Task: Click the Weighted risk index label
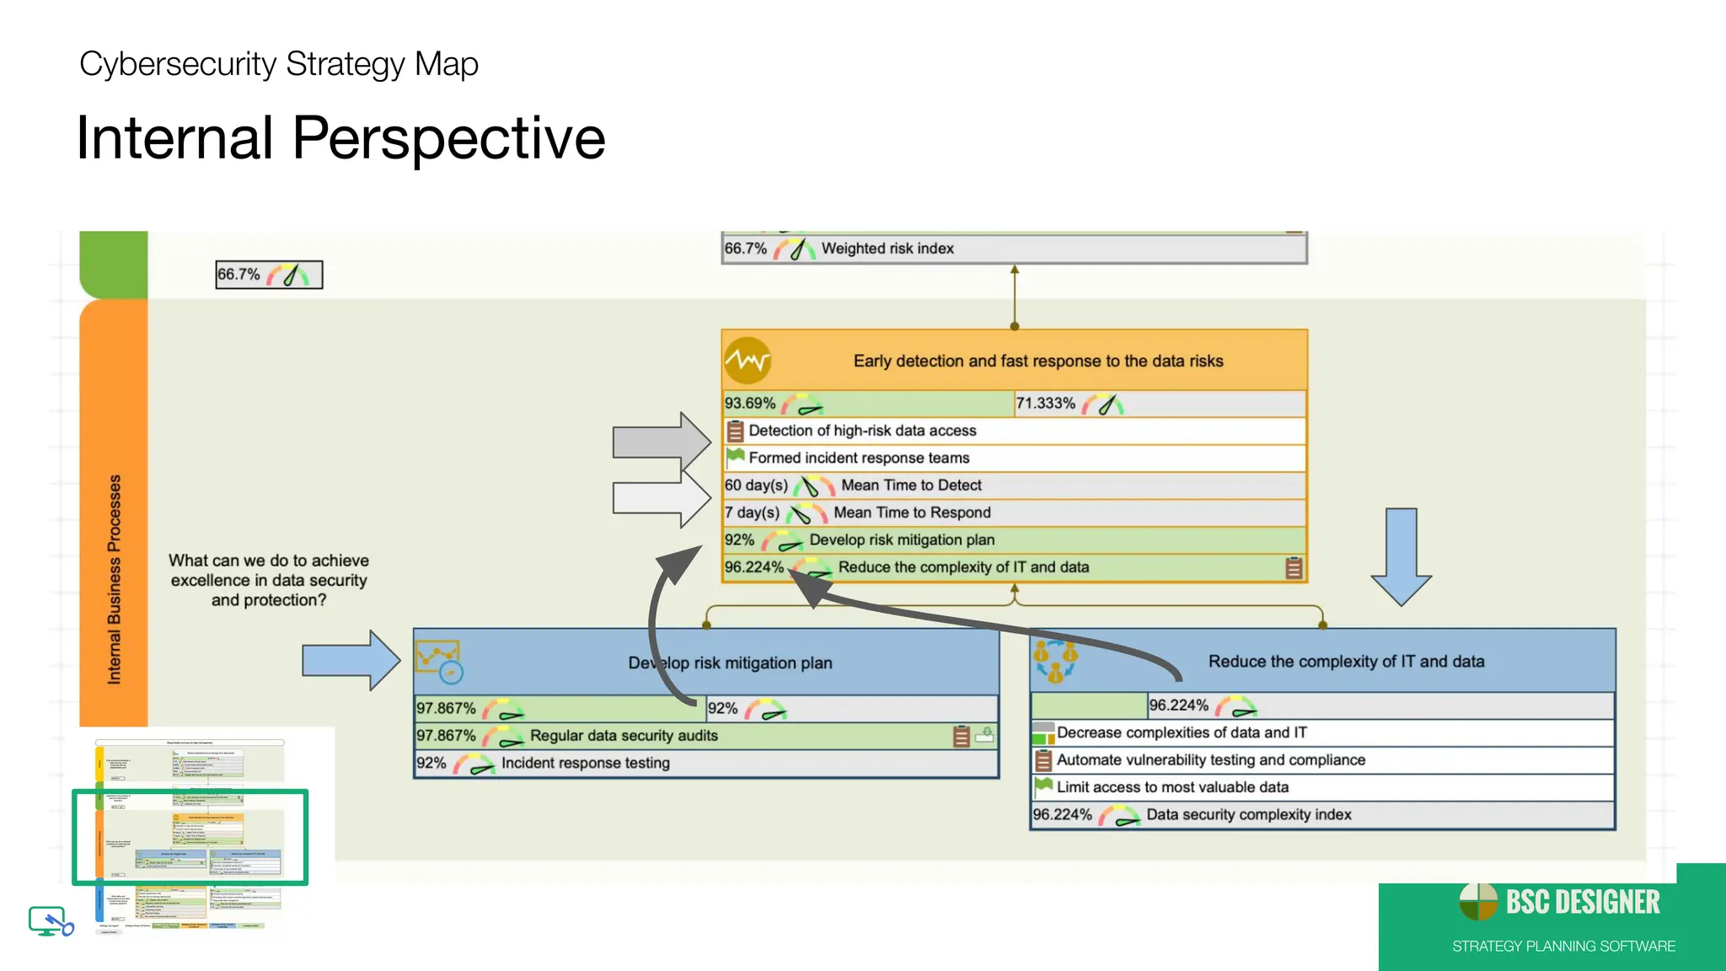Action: point(887,249)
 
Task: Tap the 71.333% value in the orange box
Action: point(1045,404)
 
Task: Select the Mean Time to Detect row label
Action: point(911,485)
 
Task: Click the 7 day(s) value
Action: point(752,512)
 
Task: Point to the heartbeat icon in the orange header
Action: point(748,361)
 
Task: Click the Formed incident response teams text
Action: point(859,458)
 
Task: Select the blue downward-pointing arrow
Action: point(1401,555)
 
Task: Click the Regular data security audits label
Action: point(624,736)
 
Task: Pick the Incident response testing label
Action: point(586,763)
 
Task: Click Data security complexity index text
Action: point(1248,815)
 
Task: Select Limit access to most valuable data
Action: point(1172,787)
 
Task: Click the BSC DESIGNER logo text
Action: point(1582,903)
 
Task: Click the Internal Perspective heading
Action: point(340,138)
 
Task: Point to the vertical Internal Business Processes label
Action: point(114,579)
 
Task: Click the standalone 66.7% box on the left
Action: point(269,275)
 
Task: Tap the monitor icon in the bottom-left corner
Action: point(50,920)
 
